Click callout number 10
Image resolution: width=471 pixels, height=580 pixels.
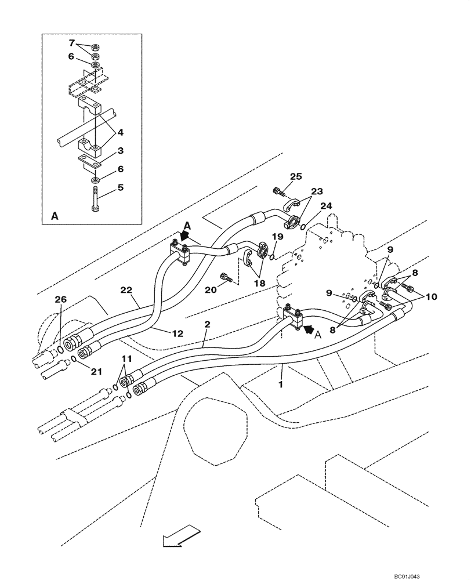point(430,297)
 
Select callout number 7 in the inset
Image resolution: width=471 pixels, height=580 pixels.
point(72,43)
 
